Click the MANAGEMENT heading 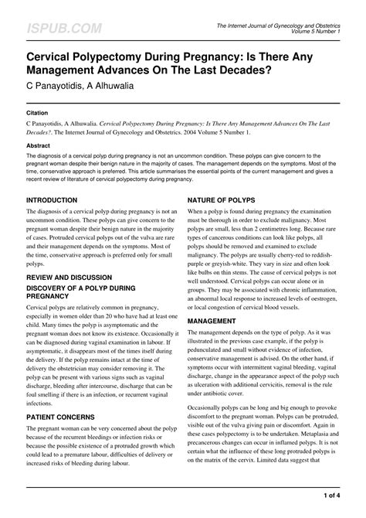pos(212,320)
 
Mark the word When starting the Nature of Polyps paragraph pos(198,212)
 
